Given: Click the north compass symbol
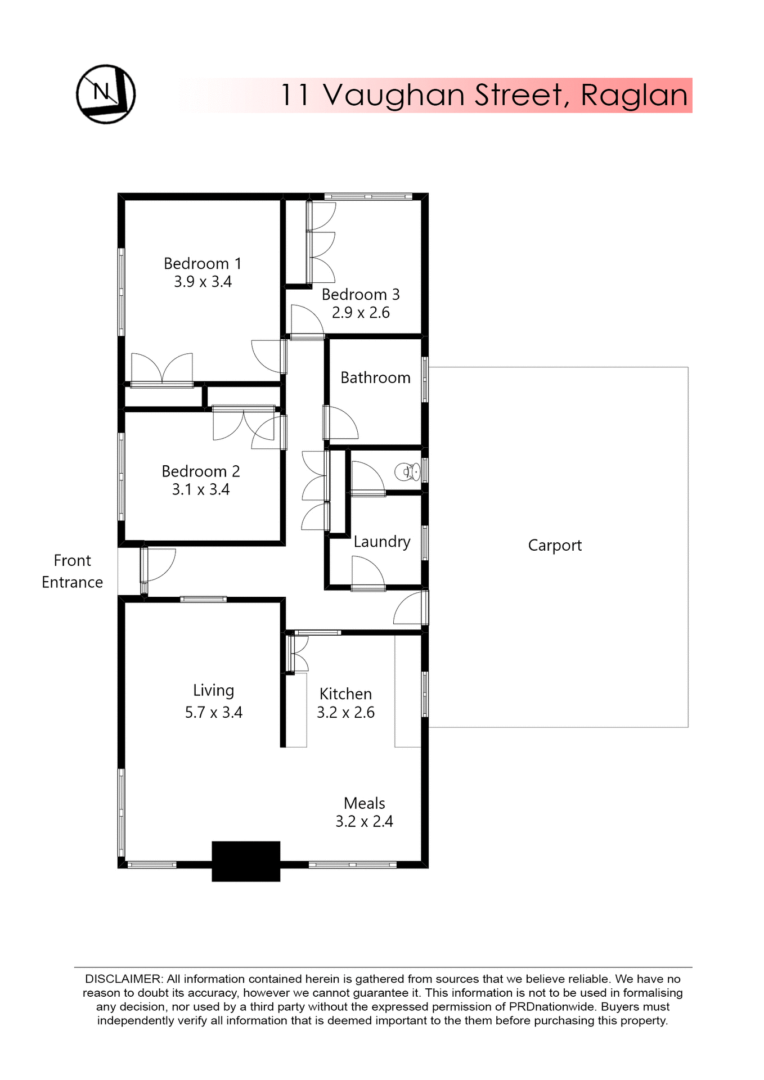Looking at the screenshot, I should [106, 94].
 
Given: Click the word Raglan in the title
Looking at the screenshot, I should [634, 95].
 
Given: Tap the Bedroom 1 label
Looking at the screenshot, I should [203, 263].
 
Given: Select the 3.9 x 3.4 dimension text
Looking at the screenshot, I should [203, 282].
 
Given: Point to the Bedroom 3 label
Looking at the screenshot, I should [361, 294].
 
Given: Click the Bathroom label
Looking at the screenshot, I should [375, 377].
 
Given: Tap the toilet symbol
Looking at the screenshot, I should [407, 471].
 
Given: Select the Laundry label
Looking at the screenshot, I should [382, 542].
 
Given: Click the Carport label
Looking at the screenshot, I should [555, 545].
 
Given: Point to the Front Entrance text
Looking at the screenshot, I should [72, 571].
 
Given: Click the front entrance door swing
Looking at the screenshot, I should [160, 564].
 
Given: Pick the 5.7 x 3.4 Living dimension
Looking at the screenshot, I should [214, 712].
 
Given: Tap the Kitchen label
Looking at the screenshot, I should [345, 694].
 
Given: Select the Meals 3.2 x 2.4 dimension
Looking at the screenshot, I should [364, 821].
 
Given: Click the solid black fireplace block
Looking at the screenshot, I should [246, 861].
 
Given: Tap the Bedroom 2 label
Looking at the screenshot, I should [201, 471].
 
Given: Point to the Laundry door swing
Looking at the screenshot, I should [367, 573].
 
